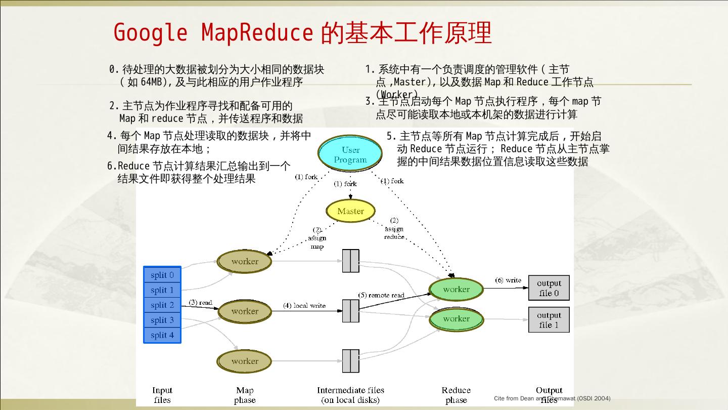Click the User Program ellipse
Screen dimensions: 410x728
pos(350,154)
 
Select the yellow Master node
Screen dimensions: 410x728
pos(350,211)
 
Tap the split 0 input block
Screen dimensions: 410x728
pos(162,275)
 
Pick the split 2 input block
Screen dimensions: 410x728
pos(162,305)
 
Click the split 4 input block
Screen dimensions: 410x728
pos(162,335)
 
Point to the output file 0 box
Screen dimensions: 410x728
pos(549,288)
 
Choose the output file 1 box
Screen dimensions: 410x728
pos(549,320)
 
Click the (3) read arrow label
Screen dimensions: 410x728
pos(200,303)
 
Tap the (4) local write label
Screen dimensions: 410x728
pos(304,305)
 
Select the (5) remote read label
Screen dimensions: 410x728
pos(381,295)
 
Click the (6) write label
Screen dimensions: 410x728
pos(508,280)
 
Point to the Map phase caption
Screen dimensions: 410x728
pos(245,395)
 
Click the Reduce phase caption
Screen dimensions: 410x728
pos(456,395)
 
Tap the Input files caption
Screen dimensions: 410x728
pos(162,395)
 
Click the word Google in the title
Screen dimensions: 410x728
pos(150,33)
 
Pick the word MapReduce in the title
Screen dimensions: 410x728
pos(257,33)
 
